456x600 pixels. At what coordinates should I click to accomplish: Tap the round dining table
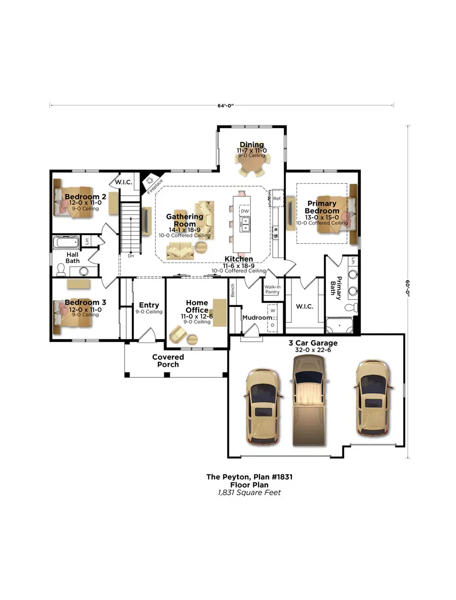pos(252,163)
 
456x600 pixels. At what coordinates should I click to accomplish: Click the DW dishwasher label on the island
pos(245,211)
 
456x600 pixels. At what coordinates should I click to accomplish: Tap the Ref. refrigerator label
pos(277,199)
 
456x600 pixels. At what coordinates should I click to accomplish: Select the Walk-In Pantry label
pos(272,289)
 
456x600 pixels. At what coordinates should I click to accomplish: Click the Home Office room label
pos(197,307)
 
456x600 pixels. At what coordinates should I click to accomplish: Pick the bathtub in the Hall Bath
pos(65,241)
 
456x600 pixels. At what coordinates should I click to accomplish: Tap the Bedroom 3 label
pos(78,303)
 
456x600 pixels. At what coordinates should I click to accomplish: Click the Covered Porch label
pos(168,360)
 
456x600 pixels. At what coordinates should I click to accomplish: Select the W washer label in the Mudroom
pos(273,310)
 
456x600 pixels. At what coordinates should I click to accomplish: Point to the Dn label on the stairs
pos(131,256)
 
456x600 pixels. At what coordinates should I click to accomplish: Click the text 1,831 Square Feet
pos(245,492)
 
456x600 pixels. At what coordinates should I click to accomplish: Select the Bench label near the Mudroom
pos(233,290)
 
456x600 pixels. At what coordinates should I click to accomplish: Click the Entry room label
pos(149,305)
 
